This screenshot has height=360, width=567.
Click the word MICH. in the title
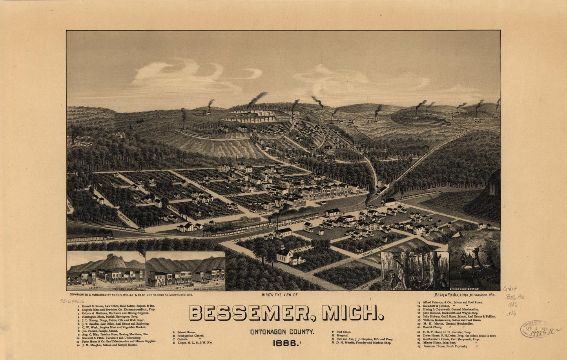[x=352, y=312]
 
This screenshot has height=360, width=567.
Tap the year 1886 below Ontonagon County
[x=283, y=343]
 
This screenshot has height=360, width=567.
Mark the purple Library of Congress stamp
[x=535, y=329]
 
